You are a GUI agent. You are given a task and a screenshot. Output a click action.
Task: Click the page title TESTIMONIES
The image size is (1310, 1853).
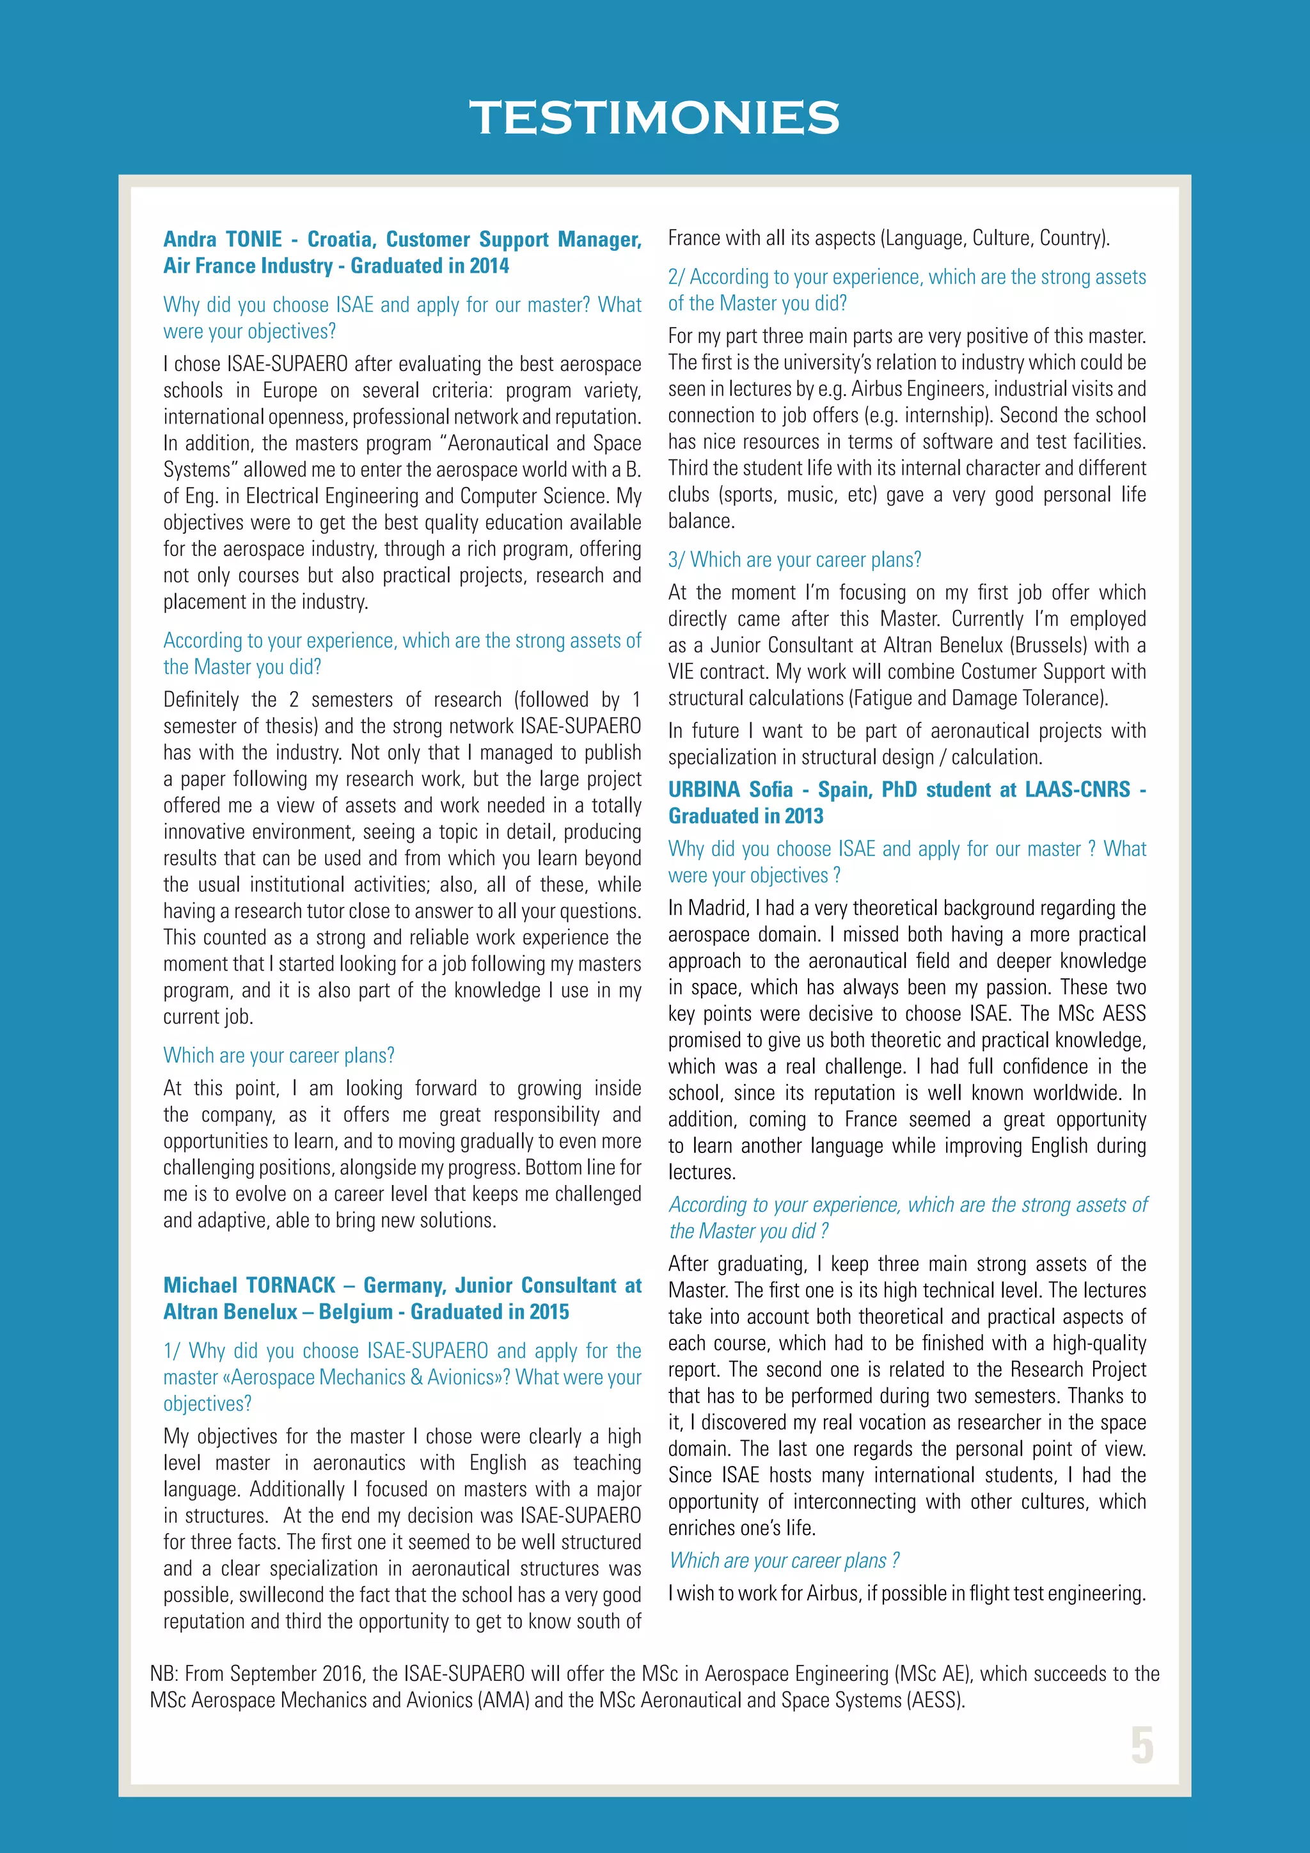(x=654, y=118)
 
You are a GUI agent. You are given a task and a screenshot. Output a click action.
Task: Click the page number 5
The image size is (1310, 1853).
(x=1141, y=1746)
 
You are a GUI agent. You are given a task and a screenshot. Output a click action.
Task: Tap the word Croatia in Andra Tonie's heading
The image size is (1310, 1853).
(x=340, y=240)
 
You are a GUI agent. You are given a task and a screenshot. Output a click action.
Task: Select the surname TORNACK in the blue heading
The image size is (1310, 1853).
(x=290, y=1285)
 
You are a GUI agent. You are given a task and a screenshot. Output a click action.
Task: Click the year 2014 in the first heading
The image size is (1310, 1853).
(x=489, y=266)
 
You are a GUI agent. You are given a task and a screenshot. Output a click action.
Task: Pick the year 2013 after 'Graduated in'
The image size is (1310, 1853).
(x=803, y=816)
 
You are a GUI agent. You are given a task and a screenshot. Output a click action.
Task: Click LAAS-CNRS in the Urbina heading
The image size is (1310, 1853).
(x=1078, y=790)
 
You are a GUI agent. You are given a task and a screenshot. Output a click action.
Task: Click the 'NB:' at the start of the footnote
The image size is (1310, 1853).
(x=164, y=1674)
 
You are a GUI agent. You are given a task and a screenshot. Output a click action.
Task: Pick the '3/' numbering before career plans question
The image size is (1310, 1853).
(x=676, y=560)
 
